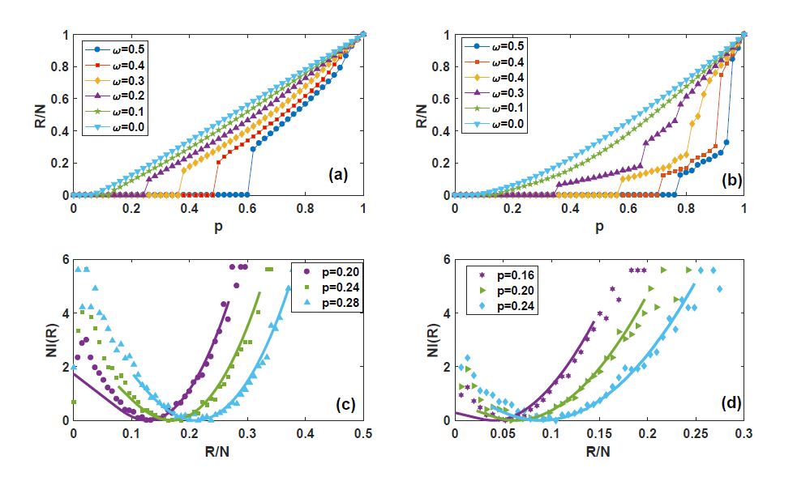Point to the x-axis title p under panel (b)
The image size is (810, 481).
(599, 228)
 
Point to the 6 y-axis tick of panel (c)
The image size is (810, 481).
(65, 259)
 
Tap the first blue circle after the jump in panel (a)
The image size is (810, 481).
(253, 149)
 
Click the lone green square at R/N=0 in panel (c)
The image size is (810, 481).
(74, 402)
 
